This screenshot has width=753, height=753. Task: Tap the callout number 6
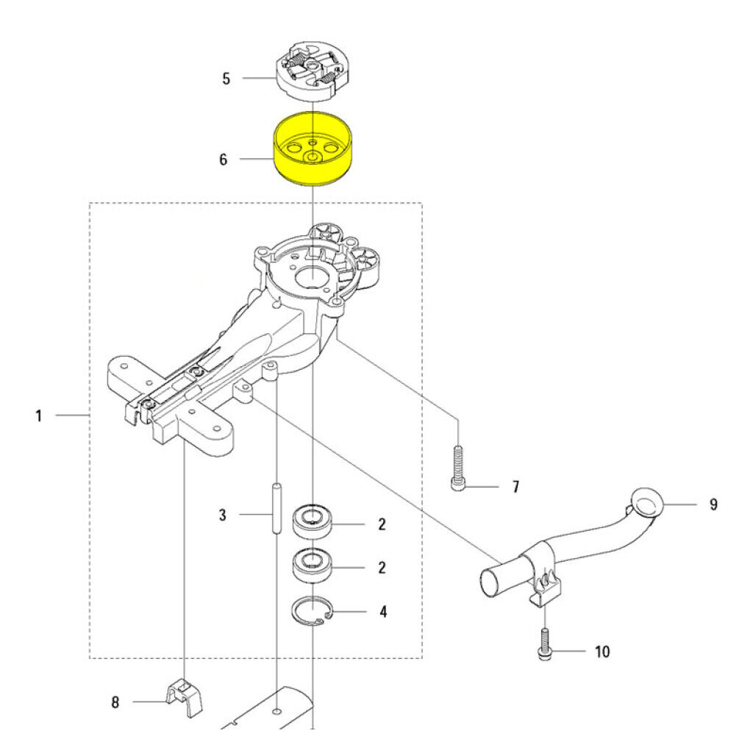[223, 159]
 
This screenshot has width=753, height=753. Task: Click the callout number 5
[226, 78]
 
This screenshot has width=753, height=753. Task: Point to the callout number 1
[39, 416]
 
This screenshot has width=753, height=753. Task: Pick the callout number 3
[223, 515]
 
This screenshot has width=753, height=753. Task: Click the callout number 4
[382, 611]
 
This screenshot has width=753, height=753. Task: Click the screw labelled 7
[457, 468]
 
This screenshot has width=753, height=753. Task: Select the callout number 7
[515, 487]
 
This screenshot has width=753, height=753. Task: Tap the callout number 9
[713, 504]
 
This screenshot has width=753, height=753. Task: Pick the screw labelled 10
[544, 644]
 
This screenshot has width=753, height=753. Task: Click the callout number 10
[602, 652]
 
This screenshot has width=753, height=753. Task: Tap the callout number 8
[115, 702]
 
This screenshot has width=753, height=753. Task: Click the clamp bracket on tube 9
[542, 577]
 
